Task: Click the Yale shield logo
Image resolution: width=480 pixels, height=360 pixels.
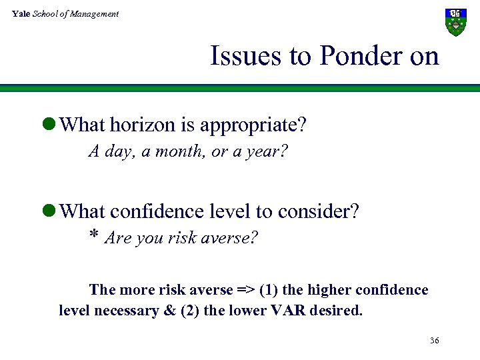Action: tap(455, 22)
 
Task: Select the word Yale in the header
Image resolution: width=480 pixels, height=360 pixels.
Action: tap(21, 13)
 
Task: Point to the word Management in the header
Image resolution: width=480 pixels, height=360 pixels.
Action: tap(96, 13)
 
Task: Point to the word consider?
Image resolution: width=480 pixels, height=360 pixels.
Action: tap(319, 211)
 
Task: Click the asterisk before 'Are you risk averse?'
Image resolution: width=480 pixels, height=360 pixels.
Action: tap(94, 237)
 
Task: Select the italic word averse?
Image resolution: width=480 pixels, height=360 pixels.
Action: tap(234, 238)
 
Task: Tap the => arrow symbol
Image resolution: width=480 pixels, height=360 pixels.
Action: tap(244, 290)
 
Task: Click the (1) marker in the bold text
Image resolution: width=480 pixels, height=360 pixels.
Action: tap(268, 290)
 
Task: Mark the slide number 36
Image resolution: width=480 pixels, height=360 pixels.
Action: tap(434, 341)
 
